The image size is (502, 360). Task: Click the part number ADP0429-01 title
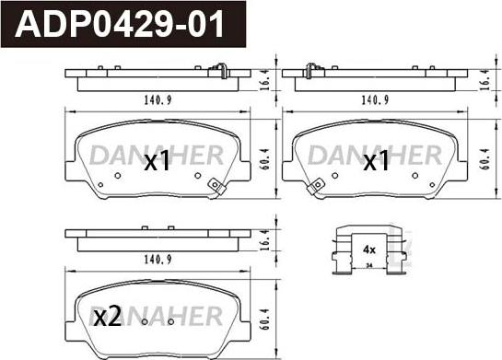click(120, 24)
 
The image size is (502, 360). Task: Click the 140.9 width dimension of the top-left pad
click(158, 100)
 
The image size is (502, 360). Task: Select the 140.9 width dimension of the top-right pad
click(375, 100)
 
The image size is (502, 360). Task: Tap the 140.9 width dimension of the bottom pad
click(158, 260)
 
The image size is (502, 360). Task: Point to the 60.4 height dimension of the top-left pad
click(265, 159)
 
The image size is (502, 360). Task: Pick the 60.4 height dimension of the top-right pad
click(485, 159)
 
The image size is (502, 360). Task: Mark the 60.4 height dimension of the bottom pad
click(265, 319)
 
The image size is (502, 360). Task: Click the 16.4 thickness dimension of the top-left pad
click(265, 80)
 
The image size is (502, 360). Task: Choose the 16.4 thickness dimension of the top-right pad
click(485, 80)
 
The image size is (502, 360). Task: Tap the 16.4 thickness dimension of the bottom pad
click(265, 239)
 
